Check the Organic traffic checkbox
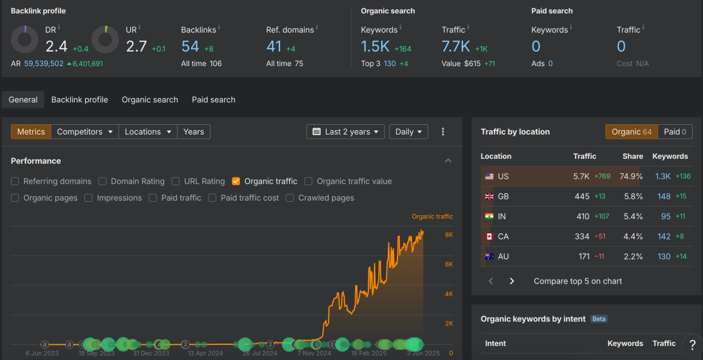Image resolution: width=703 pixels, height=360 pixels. (x=236, y=181)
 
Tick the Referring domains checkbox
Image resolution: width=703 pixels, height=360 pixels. (x=15, y=181)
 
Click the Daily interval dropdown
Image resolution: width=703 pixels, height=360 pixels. (x=409, y=132)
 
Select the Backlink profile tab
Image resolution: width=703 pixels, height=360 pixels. (x=79, y=99)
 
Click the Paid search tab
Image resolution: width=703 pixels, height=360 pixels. (x=213, y=99)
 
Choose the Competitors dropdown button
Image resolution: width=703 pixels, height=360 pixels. (x=85, y=132)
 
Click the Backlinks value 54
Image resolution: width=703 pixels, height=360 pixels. (x=190, y=47)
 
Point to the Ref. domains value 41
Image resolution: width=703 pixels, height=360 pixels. (x=275, y=47)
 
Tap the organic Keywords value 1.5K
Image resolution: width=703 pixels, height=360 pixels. (x=375, y=47)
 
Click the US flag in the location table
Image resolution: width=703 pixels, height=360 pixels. (x=489, y=176)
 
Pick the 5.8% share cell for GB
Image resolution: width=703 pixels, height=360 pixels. (x=633, y=196)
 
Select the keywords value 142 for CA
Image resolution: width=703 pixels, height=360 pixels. (x=664, y=236)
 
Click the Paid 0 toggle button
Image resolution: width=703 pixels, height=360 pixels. (x=675, y=132)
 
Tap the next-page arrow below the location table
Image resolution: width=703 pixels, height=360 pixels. (x=511, y=281)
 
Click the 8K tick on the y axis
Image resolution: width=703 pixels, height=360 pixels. (x=449, y=235)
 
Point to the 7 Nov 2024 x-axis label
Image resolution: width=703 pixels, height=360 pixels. (x=314, y=353)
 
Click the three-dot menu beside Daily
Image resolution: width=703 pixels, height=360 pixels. (x=443, y=132)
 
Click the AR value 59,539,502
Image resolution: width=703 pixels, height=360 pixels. (x=44, y=64)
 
